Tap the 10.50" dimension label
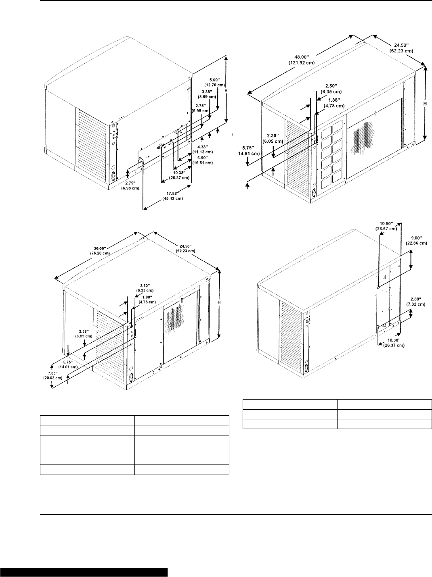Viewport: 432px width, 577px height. tap(386, 223)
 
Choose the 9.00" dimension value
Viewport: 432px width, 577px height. tap(416, 237)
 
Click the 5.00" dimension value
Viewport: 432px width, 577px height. tap(215, 79)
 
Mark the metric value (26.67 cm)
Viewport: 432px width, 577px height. tap(386, 229)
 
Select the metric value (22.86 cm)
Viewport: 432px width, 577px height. tap(416, 243)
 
